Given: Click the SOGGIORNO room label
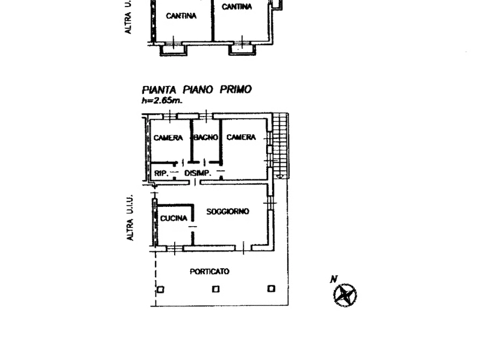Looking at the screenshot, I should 228,212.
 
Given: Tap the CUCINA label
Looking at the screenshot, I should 174,218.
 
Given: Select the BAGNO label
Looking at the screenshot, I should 206,138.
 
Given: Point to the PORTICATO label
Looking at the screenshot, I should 210,272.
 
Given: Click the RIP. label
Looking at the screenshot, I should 161,173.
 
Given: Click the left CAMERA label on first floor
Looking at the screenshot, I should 168,138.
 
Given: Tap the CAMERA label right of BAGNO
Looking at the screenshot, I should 241,138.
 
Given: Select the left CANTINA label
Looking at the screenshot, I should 181,16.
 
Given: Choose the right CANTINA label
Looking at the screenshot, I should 237,8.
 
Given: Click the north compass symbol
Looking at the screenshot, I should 345,295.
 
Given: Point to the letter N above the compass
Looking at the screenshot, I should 334,279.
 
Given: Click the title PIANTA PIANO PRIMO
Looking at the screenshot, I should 196,90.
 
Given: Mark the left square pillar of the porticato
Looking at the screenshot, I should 160,289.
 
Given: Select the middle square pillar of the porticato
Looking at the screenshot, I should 216,289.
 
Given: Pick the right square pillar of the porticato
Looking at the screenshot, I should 271,289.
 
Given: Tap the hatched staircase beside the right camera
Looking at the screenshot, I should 280,145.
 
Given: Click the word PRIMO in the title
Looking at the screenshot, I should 235,90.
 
